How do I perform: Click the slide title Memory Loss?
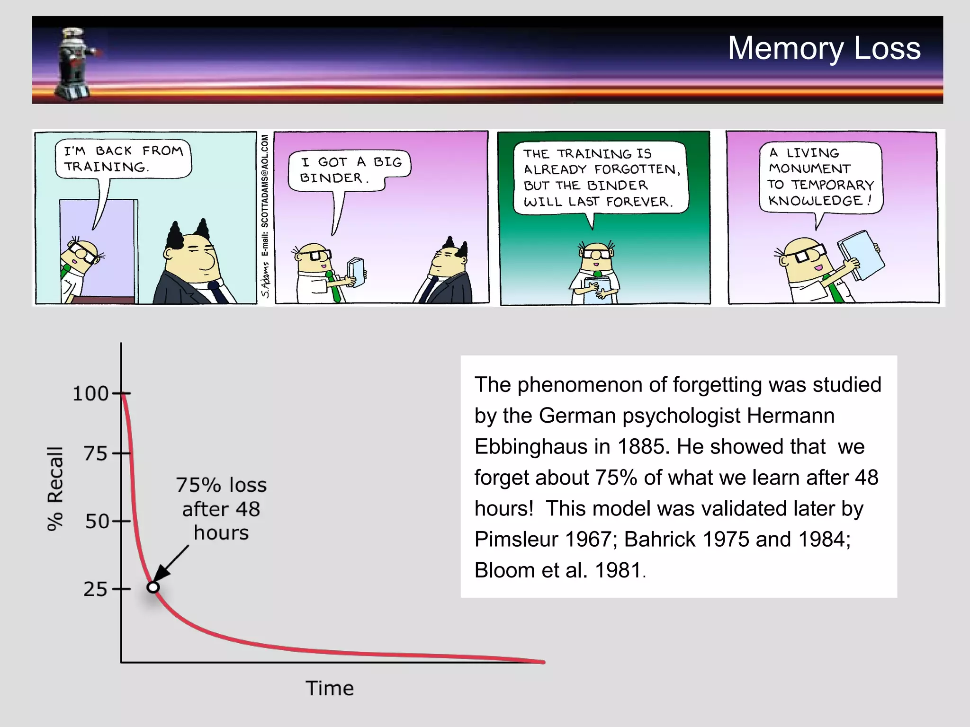coord(824,48)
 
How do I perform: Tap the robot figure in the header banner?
coord(76,64)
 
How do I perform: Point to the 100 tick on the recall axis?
coord(90,394)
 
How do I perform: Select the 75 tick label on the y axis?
coord(96,454)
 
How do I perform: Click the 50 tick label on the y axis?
coord(97,522)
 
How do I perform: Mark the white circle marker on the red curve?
coord(153,587)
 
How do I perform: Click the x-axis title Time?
coord(329,688)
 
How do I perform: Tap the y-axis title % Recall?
coord(55,488)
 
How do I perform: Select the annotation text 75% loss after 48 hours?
coord(221,509)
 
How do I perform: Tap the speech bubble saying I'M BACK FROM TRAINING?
coord(123,159)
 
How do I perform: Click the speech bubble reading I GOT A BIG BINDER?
coord(350,170)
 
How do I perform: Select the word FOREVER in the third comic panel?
coord(639,202)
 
